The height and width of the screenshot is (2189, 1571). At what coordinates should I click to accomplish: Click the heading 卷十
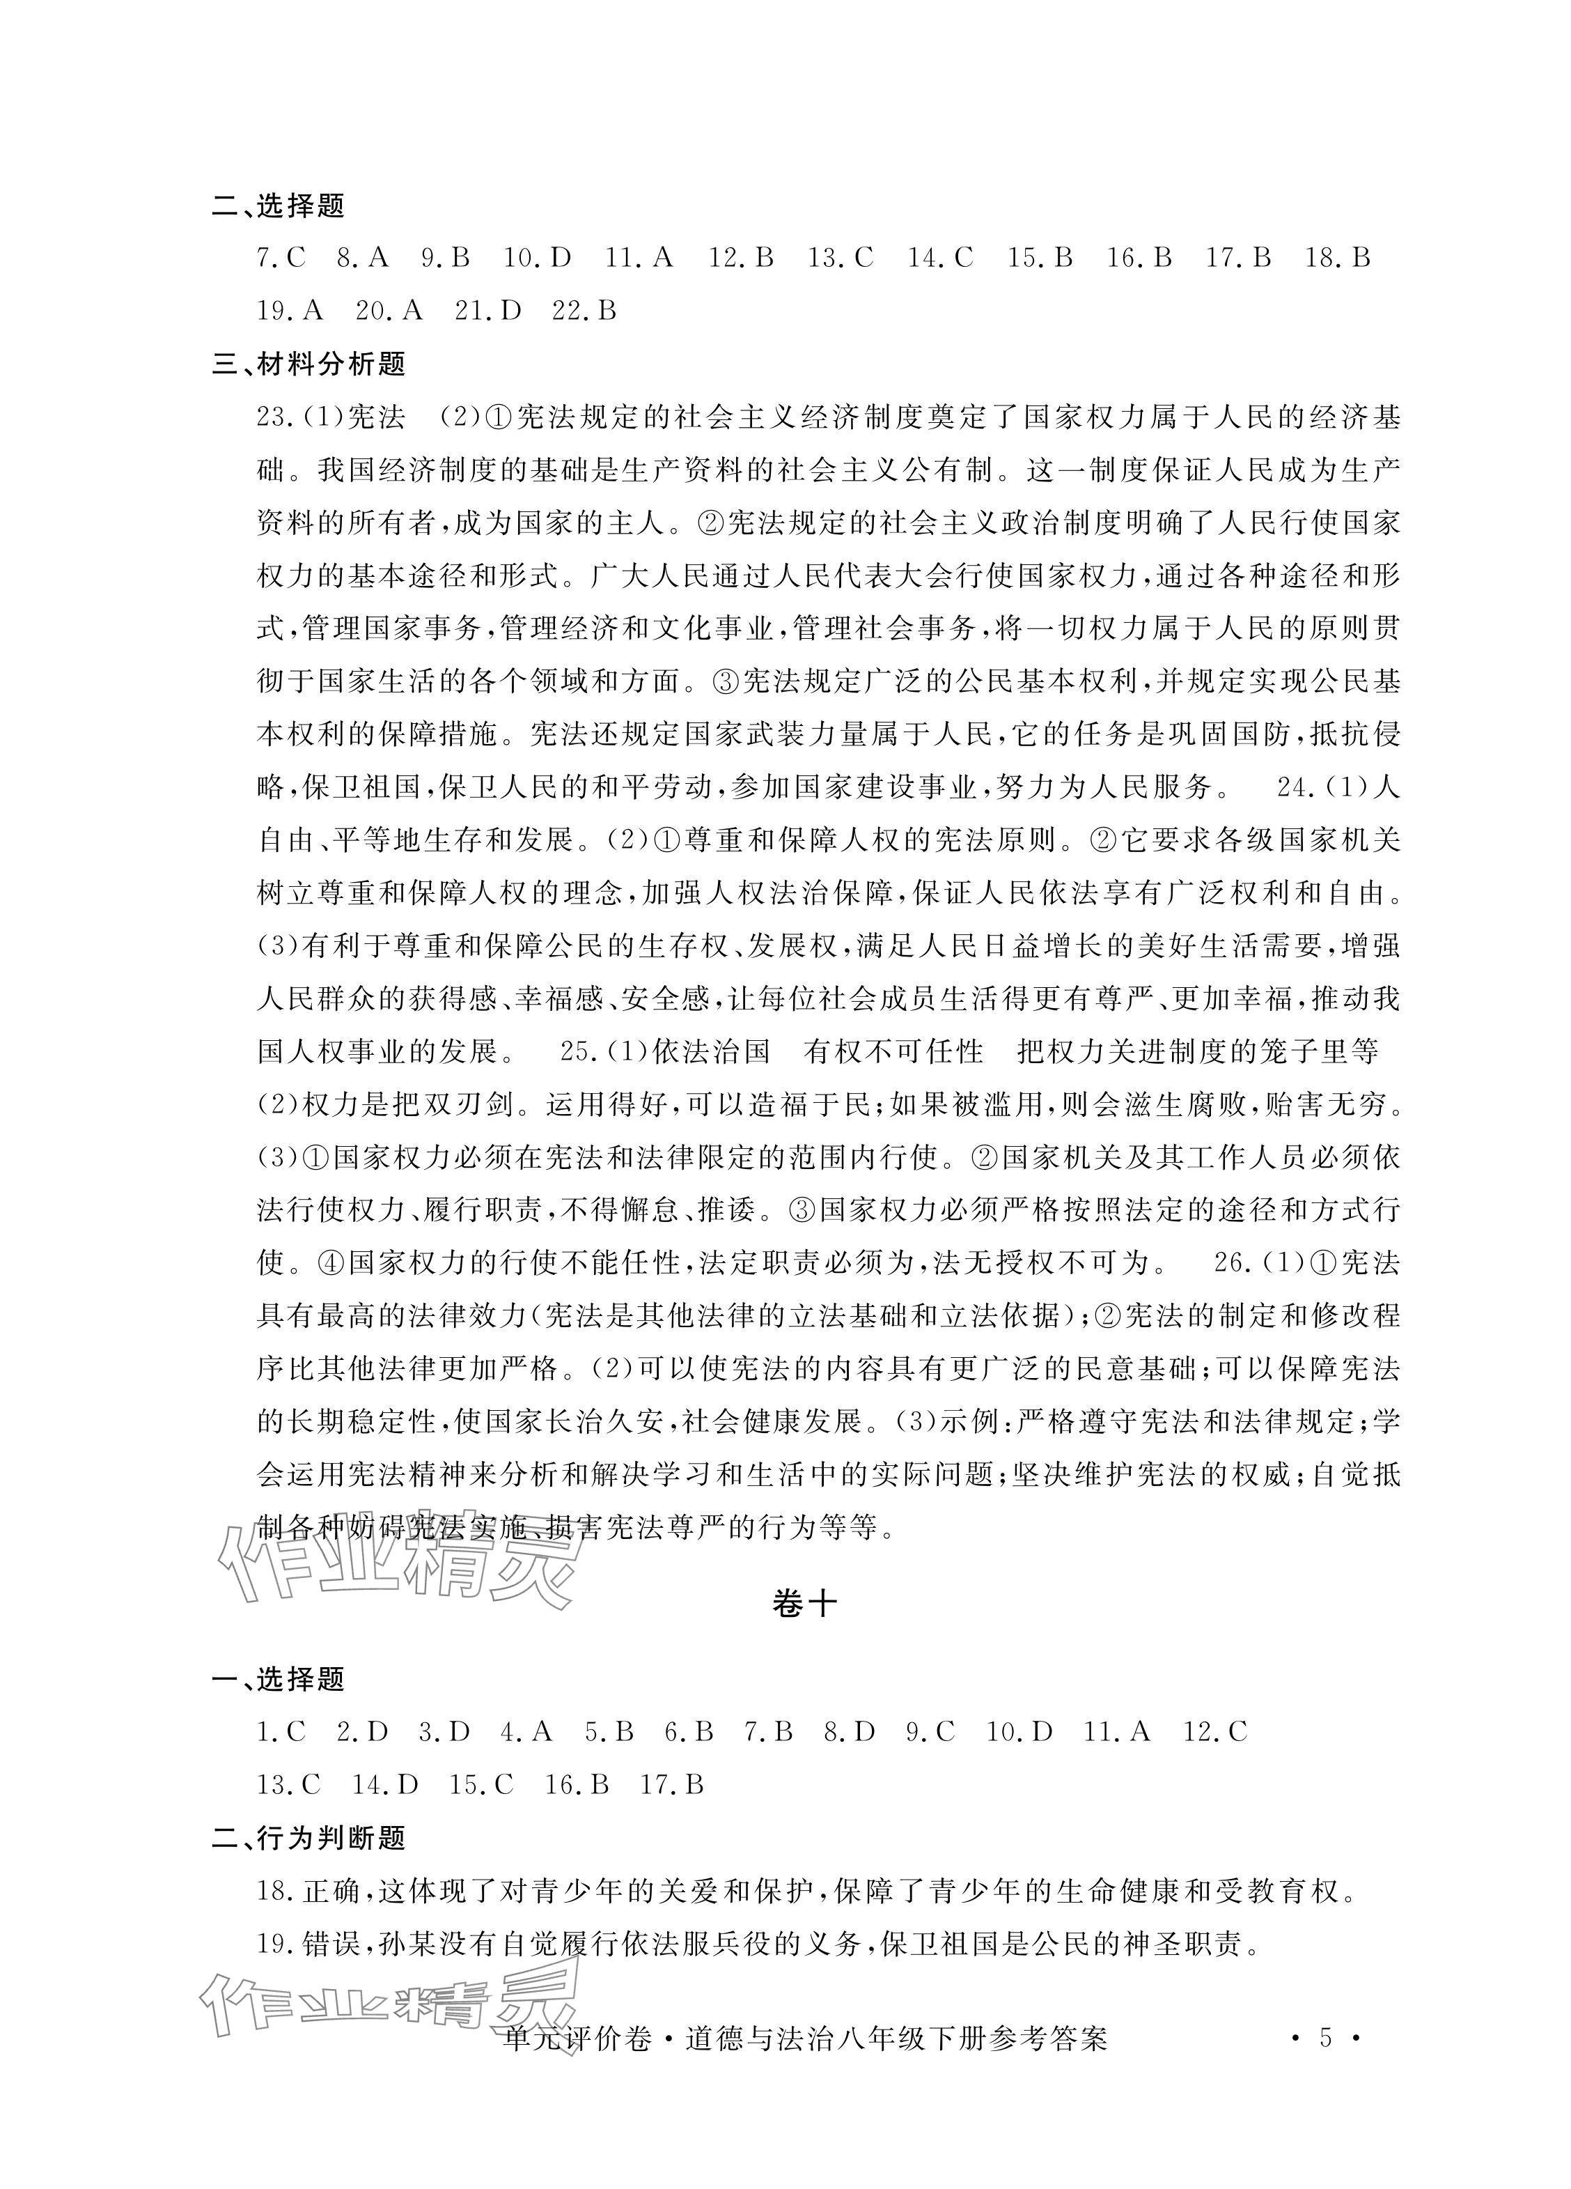pyautogui.click(x=804, y=1603)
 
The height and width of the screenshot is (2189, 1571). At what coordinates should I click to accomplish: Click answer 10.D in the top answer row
pyautogui.click(x=538, y=258)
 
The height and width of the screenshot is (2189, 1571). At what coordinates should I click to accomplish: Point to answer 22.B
pyautogui.click(x=583, y=311)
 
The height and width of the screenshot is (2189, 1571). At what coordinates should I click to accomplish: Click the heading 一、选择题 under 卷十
pyautogui.click(x=279, y=1680)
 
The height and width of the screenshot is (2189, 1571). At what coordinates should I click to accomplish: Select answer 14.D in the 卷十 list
pyautogui.click(x=385, y=1786)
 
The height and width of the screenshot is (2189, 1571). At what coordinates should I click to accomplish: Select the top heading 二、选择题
pyautogui.click(x=279, y=206)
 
